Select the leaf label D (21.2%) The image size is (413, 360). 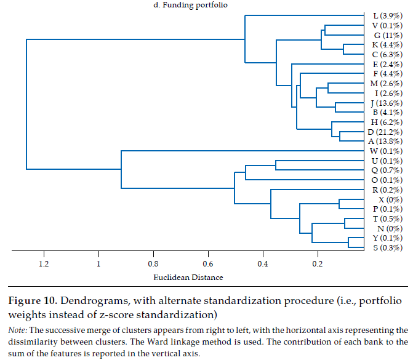point(386,132)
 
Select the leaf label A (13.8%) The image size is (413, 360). point(386,142)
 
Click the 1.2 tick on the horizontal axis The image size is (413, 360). point(44,264)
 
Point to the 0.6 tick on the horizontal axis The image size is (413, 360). point(208,264)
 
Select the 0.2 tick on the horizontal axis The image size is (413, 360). point(318,264)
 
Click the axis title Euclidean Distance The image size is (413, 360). point(188,278)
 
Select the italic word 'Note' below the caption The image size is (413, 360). point(16,330)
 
